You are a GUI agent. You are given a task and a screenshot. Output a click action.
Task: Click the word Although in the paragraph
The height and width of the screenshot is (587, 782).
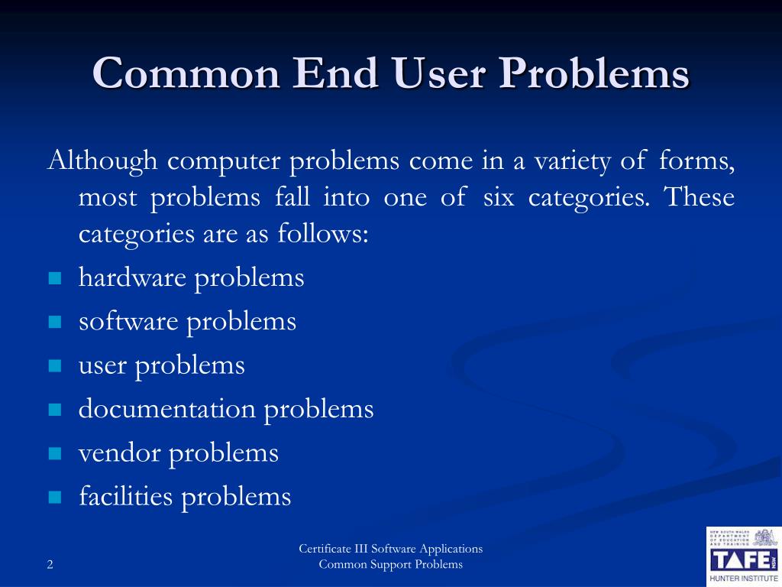pyautogui.click(x=102, y=161)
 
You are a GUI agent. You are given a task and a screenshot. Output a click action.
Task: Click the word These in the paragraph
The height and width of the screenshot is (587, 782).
pyautogui.click(x=699, y=197)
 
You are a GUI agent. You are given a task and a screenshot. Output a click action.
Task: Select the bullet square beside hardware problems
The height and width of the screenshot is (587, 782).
pyautogui.click(x=54, y=279)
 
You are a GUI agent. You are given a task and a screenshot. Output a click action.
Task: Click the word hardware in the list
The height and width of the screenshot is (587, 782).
pyautogui.click(x=132, y=277)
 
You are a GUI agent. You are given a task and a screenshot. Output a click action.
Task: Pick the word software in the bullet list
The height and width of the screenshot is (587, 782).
pyautogui.click(x=128, y=321)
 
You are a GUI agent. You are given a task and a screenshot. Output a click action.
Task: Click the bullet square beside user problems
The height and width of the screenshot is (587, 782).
pyautogui.click(x=54, y=366)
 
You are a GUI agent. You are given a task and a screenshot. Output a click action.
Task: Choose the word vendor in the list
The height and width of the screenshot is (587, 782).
pyautogui.click(x=119, y=453)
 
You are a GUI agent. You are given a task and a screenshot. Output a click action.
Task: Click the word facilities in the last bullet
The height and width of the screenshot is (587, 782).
pyautogui.click(x=126, y=497)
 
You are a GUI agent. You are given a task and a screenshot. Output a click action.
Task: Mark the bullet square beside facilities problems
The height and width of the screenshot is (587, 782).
pyautogui.click(x=54, y=498)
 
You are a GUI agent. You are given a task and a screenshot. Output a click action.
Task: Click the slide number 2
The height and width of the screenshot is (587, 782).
pyautogui.click(x=50, y=566)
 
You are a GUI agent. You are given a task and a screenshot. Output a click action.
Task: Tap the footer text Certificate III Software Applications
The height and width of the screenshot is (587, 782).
pyautogui.click(x=390, y=549)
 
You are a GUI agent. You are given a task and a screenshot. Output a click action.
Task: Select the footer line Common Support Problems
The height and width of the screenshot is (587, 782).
pyautogui.click(x=390, y=565)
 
